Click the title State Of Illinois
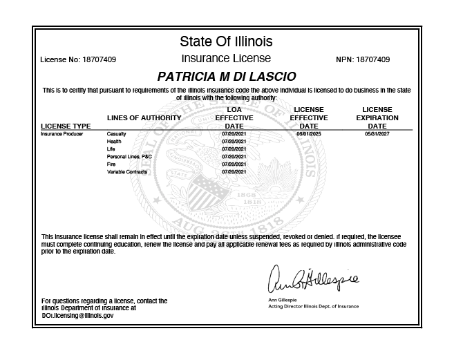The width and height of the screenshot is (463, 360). tap(226, 41)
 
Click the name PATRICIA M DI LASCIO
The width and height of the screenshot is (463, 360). tap(226, 75)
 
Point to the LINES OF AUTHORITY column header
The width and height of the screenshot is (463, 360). tap(144, 118)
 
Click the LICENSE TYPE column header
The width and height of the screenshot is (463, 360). tap(66, 126)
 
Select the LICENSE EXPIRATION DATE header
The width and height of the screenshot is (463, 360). tap(377, 118)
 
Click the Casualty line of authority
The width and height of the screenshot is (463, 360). tap(116, 133)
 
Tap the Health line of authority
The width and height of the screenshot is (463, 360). tap(114, 141)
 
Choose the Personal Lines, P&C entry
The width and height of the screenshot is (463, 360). tap(129, 157)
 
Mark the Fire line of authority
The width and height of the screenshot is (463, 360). tap(112, 164)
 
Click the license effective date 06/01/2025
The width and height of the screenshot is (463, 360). tap(308, 133)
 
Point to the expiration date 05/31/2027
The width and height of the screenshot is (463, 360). tap(377, 133)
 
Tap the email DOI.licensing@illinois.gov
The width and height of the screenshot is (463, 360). tap(77, 315)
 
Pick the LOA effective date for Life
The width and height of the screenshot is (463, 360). tap(234, 149)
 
